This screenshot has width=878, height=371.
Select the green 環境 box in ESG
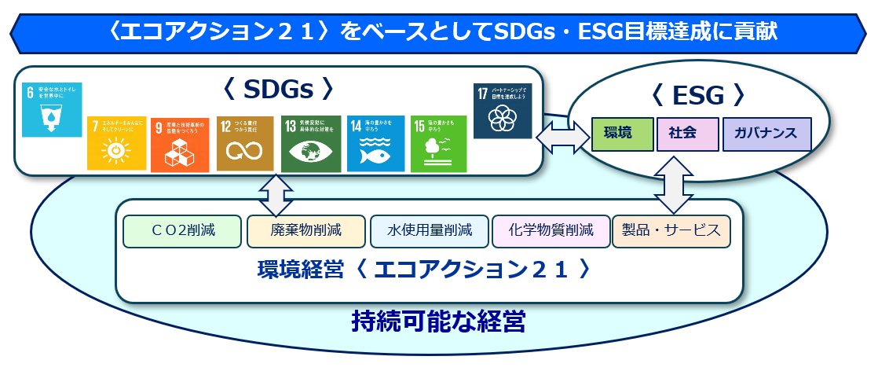[x=622, y=133]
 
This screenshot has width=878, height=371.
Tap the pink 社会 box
[x=686, y=133]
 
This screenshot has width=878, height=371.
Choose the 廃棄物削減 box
[x=305, y=231]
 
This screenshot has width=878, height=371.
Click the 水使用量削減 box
[x=429, y=231]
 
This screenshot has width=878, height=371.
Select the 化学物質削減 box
[x=551, y=231]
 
